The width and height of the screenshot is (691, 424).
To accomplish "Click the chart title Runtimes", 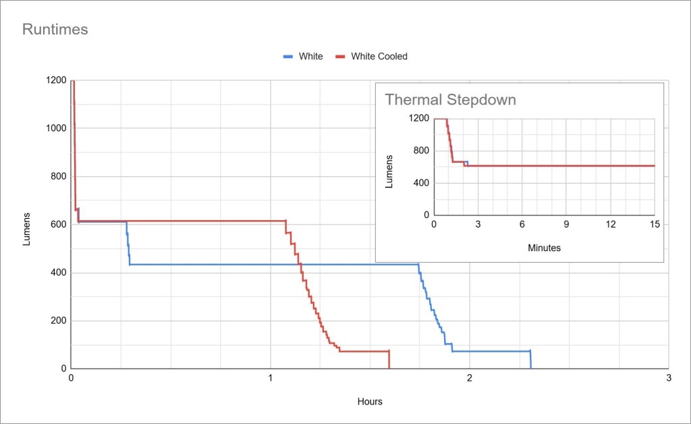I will pyautogui.click(x=55, y=30).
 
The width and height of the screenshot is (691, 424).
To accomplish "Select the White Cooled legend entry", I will pyautogui.click(x=379, y=57).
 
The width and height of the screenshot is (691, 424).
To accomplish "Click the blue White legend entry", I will pyautogui.click(x=310, y=57).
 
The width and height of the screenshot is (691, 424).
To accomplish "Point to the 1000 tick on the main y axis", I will pyautogui.click(x=56, y=129).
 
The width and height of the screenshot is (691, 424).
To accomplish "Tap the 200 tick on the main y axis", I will pyautogui.click(x=59, y=321).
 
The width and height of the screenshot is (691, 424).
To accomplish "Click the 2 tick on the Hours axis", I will pyautogui.click(x=470, y=378).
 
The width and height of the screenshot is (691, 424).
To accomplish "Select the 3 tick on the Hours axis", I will pyautogui.click(x=668, y=378).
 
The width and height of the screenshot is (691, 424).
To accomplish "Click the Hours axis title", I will pyautogui.click(x=370, y=402).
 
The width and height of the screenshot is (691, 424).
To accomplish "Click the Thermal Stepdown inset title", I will pyautogui.click(x=450, y=100).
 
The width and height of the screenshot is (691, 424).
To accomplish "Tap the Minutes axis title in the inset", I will pyautogui.click(x=544, y=248).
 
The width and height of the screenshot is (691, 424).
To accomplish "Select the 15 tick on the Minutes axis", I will pyautogui.click(x=654, y=224).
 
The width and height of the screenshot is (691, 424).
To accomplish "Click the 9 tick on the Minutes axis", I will pyautogui.click(x=566, y=224).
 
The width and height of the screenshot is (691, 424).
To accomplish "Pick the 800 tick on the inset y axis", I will pyautogui.click(x=420, y=151).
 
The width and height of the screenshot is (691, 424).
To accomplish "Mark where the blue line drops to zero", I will pyautogui.click(x=531, y=369).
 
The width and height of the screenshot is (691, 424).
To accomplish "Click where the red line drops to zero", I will pyautogui.click(x=390, y=369).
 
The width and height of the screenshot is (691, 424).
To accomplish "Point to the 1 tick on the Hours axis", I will pyautogui.click(x=271, y=378).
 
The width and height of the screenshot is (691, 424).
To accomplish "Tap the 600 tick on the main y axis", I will pyautogui.click(x=59, y=225).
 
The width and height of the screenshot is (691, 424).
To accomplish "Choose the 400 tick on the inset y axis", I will pyautogui.click(x=420, y=183).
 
